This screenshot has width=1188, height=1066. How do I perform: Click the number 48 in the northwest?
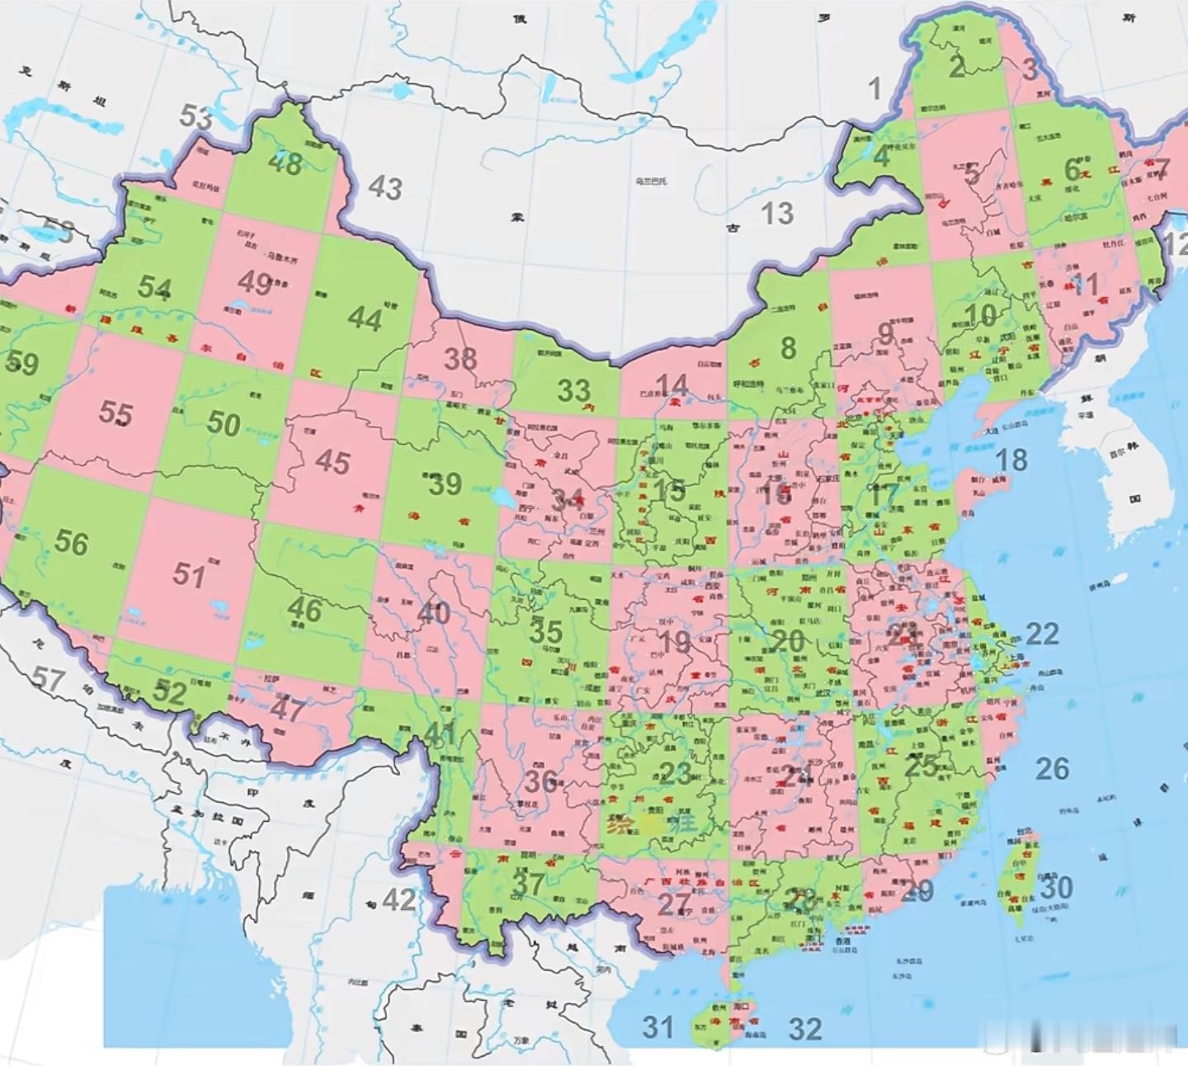coord(285,163)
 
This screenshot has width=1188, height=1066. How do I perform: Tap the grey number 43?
coord(384,188)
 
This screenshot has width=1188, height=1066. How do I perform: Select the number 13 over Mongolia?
coord(776,214)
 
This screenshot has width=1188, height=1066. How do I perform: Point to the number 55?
coord(115,412)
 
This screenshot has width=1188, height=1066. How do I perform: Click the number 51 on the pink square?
coord(189,574)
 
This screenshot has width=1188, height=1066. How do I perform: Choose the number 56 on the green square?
coord(71,542)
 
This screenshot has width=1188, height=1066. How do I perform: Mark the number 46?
coord(304,610)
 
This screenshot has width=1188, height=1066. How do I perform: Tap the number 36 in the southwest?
coord(541,780)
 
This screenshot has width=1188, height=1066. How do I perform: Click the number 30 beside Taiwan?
coord(1055,888)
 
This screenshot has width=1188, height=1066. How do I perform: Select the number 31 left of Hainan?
coord(658,1027)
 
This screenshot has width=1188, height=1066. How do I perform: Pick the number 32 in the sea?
coord(805,1029)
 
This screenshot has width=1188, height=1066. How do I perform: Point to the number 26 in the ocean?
coord(1052,769)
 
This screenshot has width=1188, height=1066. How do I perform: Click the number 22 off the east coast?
coord(1042,634)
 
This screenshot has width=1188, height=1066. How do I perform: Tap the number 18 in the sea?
coord(1011,460)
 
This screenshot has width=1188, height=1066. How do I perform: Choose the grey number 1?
coord(875,88)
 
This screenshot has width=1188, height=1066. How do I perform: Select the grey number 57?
coord(48,679)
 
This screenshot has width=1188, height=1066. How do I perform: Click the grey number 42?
coord(399,899)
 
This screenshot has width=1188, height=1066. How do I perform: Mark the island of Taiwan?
coord(1023,879)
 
